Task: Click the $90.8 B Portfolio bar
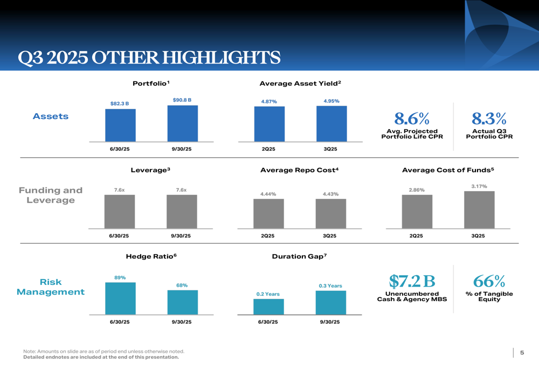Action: point(182,123)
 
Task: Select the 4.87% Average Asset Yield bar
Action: point(269,124)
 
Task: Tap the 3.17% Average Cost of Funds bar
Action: point(479,210)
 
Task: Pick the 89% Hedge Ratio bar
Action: point(120,298)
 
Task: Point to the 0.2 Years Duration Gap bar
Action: point(268,307)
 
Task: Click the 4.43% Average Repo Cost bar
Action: point(330,214)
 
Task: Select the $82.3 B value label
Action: point(120,103)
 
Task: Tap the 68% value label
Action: point(182,285)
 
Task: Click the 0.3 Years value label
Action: point(330,286)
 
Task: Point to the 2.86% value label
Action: point(417,190)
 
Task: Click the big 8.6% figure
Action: point(412,117)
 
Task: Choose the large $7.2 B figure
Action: point(412,281)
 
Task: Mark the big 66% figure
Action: point(489,281)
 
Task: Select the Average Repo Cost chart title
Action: point(299,170)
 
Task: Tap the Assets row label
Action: point(51,116)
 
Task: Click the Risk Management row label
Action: point(51,287)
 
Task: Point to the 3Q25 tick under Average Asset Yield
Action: point(330,149)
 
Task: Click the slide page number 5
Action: point(522,352)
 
